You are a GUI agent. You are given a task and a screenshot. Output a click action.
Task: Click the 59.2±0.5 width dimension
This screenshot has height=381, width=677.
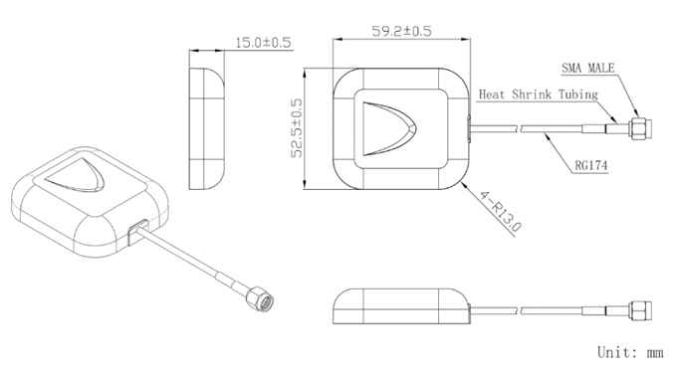click(x=401, y=31)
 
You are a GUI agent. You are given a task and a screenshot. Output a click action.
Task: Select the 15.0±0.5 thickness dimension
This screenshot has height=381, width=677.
click(x=263, y=43)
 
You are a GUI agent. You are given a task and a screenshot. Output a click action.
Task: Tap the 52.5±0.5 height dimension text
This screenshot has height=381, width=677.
click(x=297, y=128)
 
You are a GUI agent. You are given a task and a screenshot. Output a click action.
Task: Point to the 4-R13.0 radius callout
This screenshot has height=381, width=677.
click(x=501, y=211)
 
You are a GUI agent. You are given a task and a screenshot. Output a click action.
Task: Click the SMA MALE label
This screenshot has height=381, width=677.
click(x=587, y=68)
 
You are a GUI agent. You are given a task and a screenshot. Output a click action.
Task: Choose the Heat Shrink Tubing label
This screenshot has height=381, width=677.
click(x=539, y=95)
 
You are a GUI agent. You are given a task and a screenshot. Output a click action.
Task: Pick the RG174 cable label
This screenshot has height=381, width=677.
click(x=591, y=165)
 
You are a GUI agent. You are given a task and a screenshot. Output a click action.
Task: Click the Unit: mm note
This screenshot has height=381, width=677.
click(x=630, y=352)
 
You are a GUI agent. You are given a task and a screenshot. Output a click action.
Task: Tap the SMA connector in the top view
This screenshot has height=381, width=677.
click(x=639, y=128)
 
